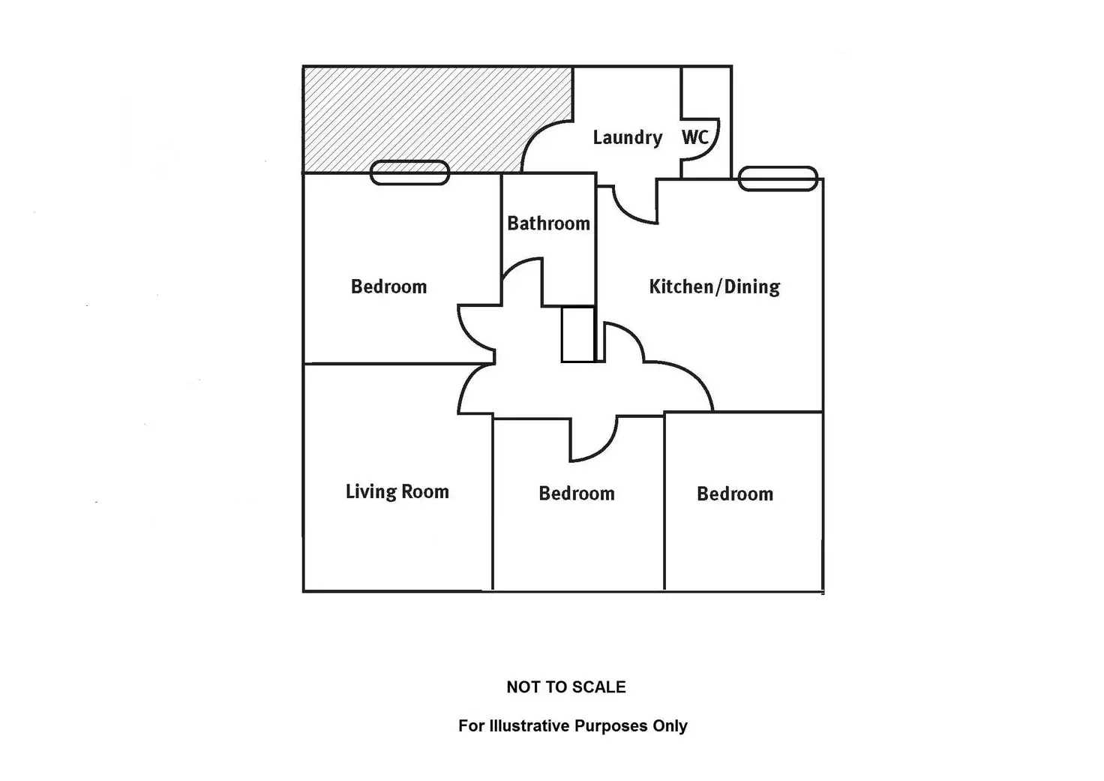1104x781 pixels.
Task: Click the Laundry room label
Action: click(x=627, y=138)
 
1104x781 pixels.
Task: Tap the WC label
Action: click(x=694, y=137)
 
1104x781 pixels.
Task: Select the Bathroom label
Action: click(x=548, y=224)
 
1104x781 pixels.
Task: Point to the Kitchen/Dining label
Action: click(x=714, y=287)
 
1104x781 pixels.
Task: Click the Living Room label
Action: click(x=397, y=492)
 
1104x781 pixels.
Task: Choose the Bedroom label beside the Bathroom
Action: click(x=388, y=287)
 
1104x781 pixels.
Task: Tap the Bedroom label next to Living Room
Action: click(x=576, y=494)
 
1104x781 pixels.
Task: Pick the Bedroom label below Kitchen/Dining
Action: click(x=734, y=494)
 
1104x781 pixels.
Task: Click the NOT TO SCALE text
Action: click(x=565, y=687)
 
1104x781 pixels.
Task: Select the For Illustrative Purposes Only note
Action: click(x=572, y=726)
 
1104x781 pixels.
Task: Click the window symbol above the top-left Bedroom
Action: click(x=409, y=173)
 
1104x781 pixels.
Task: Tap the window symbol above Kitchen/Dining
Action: click(x=778, y=179)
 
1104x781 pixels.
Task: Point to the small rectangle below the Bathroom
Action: click(x=578, y=335)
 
